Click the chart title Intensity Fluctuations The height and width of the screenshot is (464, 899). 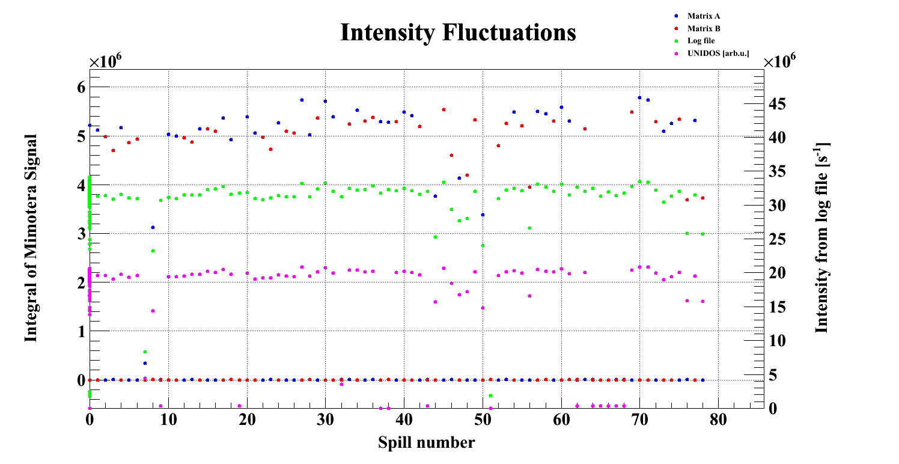click(x=458, y=32)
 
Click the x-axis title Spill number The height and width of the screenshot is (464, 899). click(x=426, y=443)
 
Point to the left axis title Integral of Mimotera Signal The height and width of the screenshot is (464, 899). click(x=31, y=238)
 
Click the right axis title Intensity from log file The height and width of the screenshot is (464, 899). click(x=821, y=238)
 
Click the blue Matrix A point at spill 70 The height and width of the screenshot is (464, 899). click(x=639, y=97)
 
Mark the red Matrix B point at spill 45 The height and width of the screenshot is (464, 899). click(x=443, y=109)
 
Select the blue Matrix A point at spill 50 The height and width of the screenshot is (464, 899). click(x=483, y=215)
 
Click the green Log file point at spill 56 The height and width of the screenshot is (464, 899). click(x=529, y=228)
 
